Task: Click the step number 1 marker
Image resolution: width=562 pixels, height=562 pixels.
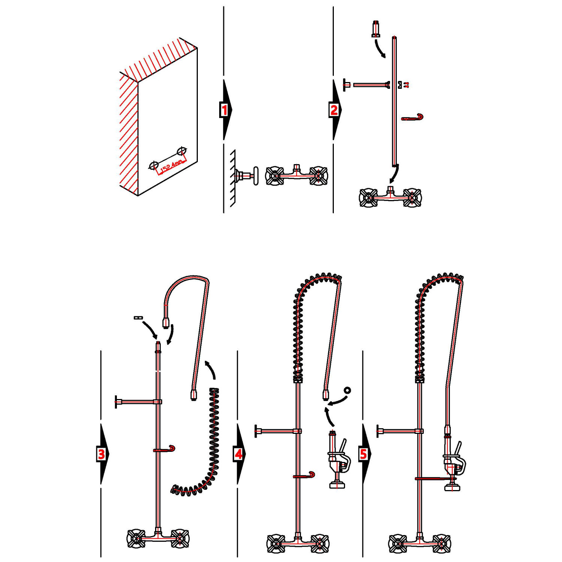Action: (224, 110)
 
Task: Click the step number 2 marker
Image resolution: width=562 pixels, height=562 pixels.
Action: (334, 110)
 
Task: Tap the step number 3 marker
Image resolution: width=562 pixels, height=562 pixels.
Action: (101, 454)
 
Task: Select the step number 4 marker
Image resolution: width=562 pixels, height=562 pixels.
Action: (239, 454)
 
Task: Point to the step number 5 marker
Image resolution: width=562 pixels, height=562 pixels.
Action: (363, 454)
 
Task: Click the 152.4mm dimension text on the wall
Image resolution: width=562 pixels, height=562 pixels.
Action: (172, 166)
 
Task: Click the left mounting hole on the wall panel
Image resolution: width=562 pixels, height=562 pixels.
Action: (154, 165)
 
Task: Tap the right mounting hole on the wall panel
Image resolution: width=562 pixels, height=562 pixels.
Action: (182, 151)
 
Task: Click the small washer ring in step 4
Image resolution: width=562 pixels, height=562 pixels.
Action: (347, 390)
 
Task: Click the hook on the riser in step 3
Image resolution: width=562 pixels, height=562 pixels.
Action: (165, 450)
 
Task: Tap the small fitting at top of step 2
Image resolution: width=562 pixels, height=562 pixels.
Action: (376, 29)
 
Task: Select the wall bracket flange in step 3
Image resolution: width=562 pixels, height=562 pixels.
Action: (116, 402)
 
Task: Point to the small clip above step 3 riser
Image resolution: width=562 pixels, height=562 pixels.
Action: (138, 318)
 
